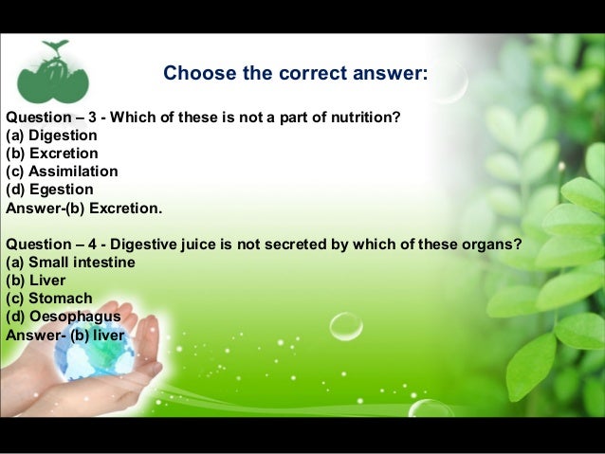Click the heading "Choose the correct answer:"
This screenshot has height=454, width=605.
point(295,73)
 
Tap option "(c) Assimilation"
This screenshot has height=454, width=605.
point(62,171)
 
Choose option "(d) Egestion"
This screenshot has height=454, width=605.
point(49,189)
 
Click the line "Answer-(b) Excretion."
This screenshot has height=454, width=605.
point(84,207)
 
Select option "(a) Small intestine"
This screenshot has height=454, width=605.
point(70,262)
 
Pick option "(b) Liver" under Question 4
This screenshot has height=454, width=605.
point(36,280)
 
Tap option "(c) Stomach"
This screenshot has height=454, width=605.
point(49,298)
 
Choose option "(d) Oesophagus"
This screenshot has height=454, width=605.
point(63,316)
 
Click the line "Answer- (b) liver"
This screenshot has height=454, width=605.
point(65,334)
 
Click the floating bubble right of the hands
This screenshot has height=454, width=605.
point(345,328)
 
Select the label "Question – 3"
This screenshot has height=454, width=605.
point(51,117)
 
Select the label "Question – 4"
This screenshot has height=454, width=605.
point(51,244)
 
